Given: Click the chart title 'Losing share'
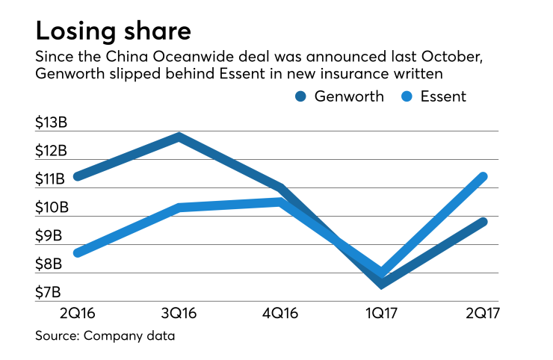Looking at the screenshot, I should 113,31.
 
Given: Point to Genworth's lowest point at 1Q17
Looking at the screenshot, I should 382,284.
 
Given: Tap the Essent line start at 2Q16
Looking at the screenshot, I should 77,253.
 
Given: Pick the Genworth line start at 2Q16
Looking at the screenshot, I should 77,176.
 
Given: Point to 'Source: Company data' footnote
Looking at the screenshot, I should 105,336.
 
